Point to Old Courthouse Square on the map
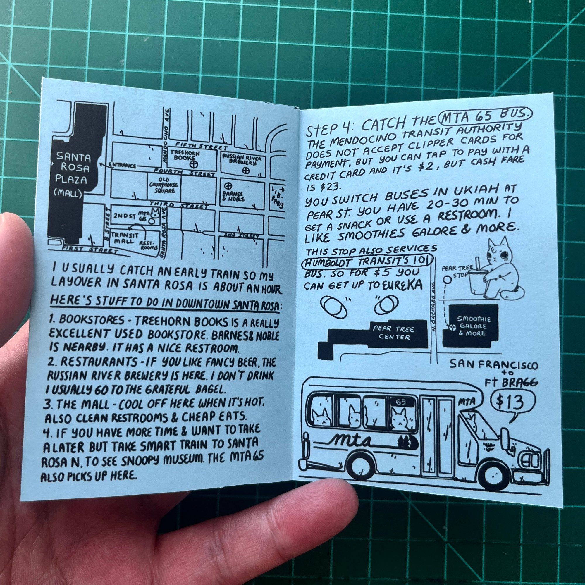point(164,185)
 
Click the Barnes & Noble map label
point(233,196)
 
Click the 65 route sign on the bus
point(401,402)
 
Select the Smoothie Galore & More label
point(474,326)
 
